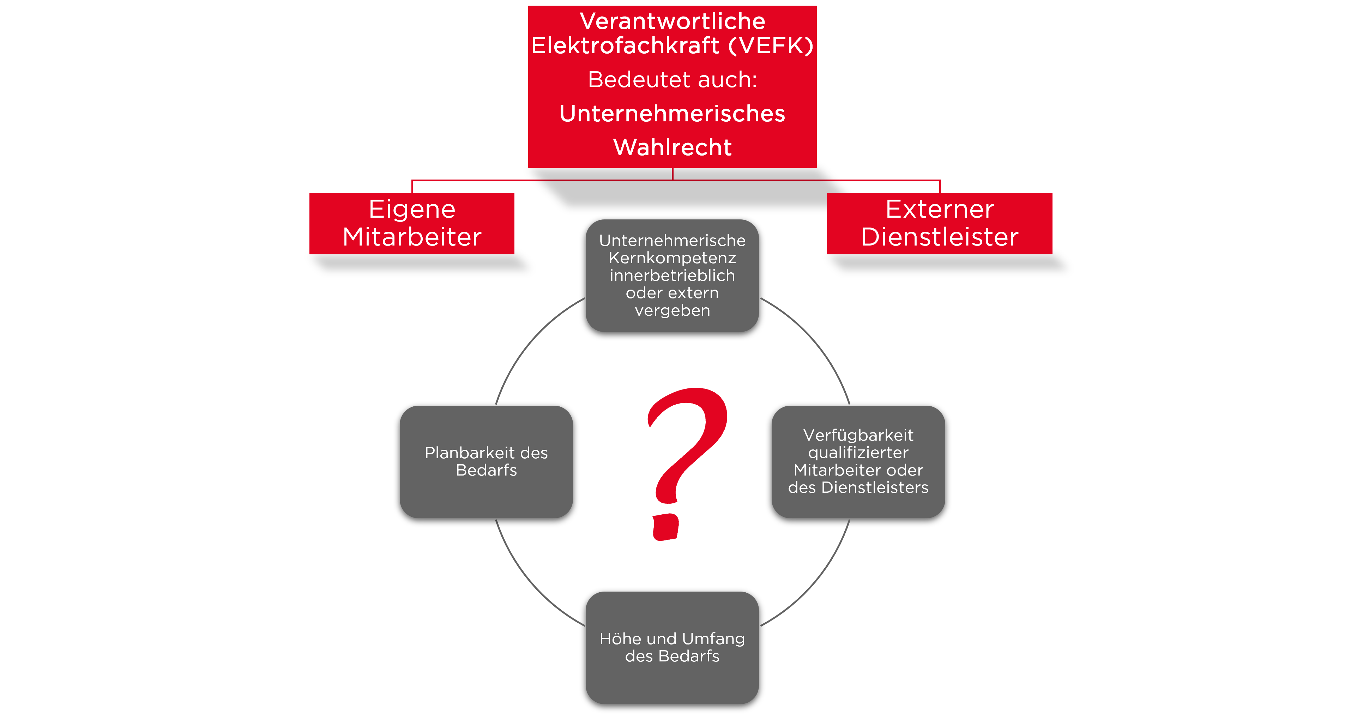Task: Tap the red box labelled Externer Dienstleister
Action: point(939,223)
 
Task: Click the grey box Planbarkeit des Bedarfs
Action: point(486,462)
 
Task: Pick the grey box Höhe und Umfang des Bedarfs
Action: point(672,647)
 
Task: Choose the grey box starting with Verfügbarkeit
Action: point(858,462)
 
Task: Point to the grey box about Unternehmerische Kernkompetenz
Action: point(672,276)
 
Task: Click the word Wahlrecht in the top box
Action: point(672,147)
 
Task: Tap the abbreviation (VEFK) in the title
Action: point(771,46)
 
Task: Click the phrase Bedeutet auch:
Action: point(672,80)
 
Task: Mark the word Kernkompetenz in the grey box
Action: point(672,258)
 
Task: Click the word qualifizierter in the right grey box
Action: point(858,453)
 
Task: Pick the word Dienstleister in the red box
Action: point(939,237)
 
